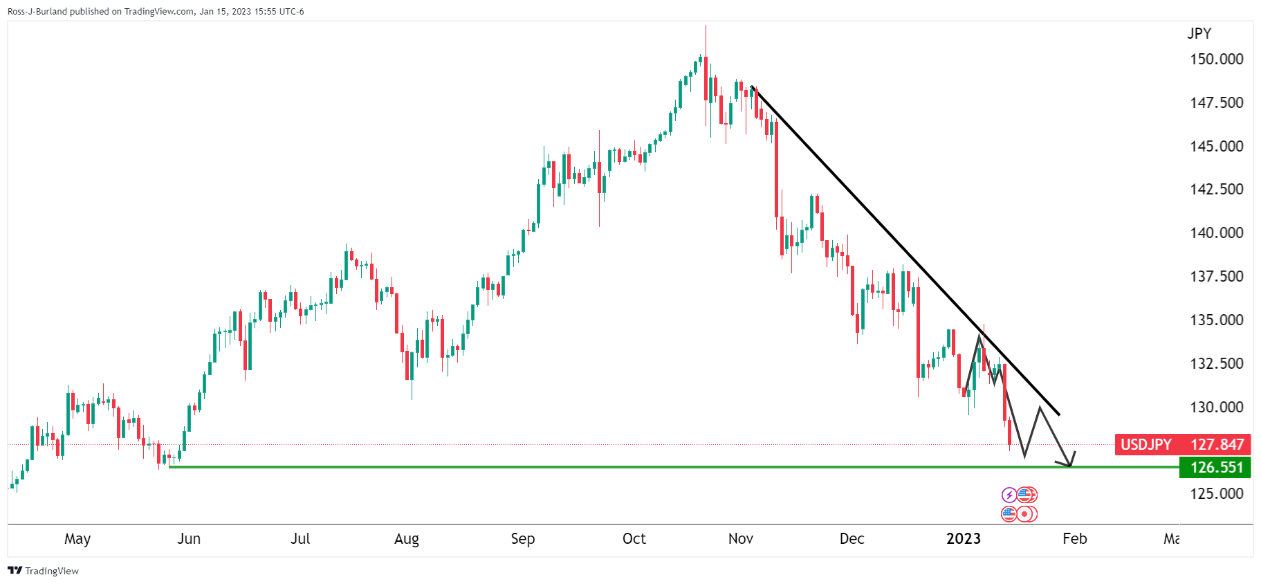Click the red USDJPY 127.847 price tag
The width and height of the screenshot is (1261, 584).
[1182, 445]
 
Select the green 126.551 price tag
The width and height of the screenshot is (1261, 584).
[1215, 468]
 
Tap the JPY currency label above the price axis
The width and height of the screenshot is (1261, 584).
[1199, 34]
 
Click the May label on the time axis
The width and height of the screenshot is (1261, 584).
[77, 539]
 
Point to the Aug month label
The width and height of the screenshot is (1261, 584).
[407, 539]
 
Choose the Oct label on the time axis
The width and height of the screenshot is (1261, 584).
[634, 539]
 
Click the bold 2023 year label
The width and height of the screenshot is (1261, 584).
[963, 539]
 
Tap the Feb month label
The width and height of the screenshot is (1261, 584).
[1074, 539]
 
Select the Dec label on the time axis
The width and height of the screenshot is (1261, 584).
[852, 539]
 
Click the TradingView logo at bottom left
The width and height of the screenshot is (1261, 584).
[43, 571]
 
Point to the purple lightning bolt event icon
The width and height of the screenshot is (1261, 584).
[1009, 495]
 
